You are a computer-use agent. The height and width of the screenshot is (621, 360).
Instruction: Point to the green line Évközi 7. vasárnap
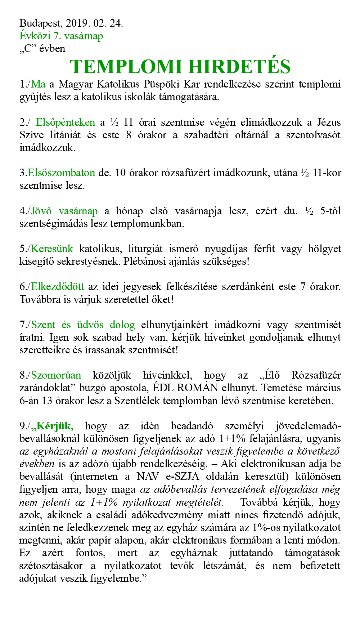pyautogui.click(x=61, y=36)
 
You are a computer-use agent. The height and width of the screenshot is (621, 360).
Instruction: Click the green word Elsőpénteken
pyautogui.click(x=66, y=122)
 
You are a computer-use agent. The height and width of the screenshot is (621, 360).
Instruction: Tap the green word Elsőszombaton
pyautogui.click(x=61, y=173)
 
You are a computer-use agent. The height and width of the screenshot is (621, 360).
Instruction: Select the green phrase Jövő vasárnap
pyautogui.click(x=64, y=211)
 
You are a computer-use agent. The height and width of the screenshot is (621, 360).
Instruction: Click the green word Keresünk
pyautogui.click(x=52, y=249)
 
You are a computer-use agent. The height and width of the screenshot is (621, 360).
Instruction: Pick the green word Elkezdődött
pyautogui.click(x=57, y=287)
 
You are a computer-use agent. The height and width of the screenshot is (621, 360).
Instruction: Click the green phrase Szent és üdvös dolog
pyautogui.click(x=83, y=325)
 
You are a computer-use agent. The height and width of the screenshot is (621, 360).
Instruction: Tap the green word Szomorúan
pyautogui.click(x=56, y=375)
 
